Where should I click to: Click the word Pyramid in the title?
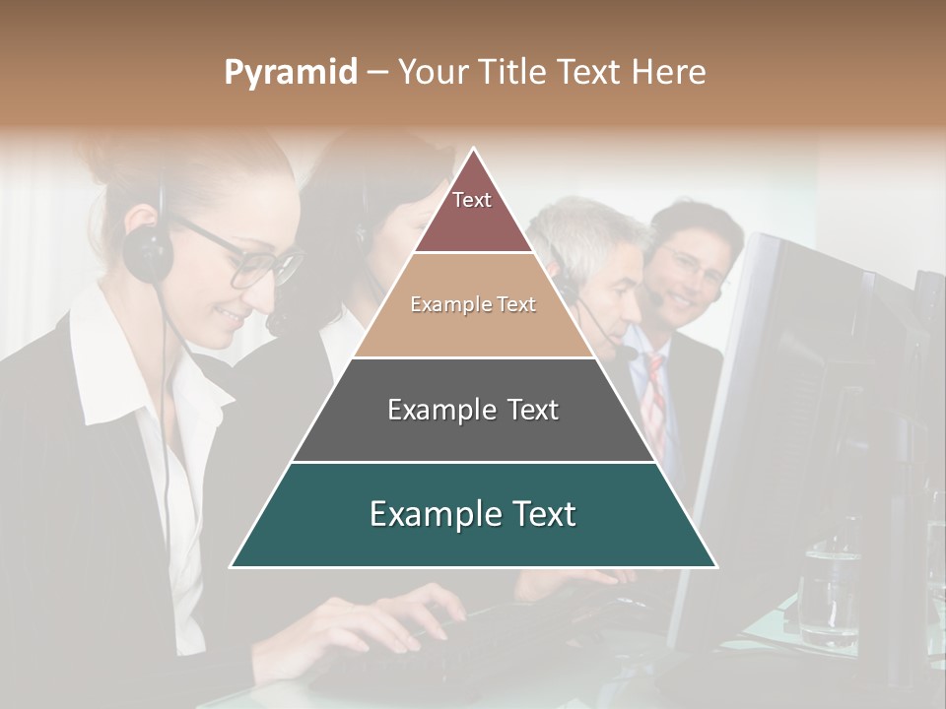click(291, 73)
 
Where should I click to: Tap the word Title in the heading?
click(510, 72)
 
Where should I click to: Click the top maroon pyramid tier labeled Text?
click(472, 207)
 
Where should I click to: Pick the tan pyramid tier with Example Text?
click(473, 305)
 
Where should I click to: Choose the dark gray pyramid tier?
click(473, 410)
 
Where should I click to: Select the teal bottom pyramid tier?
click(473, 514)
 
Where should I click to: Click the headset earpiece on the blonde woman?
click(149, 251)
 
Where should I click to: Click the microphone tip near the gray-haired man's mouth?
click(628, 352)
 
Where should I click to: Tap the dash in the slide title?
click(377, 73)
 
